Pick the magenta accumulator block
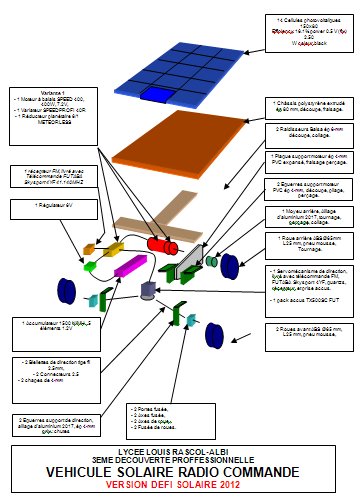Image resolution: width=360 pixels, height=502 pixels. [131, 266]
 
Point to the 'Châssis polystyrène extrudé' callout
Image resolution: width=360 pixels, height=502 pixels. [311, 108]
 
